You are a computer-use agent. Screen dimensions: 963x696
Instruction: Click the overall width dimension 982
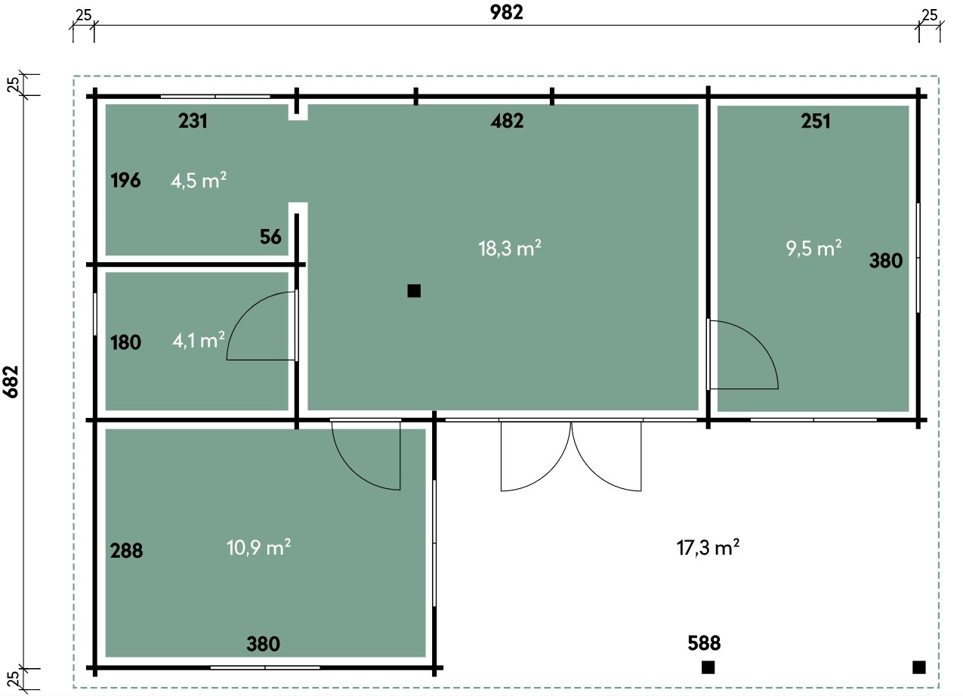point(507,13)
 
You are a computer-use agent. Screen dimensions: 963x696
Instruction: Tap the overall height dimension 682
point(11,382)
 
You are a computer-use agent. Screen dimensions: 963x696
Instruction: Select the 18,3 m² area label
point(510,248)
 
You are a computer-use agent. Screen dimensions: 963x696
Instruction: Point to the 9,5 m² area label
point(813,248)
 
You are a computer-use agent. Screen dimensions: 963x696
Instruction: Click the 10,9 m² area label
point(258,548)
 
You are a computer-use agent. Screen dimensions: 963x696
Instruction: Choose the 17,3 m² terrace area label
point(708,548)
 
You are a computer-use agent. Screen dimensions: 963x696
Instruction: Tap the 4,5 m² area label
point(199,181)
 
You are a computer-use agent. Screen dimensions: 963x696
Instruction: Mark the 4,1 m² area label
point(199,341)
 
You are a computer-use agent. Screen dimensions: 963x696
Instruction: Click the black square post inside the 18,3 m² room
point(414,291)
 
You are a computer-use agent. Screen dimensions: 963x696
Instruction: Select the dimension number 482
point(507,121)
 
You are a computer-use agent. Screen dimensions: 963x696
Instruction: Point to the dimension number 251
point(816,121)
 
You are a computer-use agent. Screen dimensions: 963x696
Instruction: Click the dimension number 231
point(193,121)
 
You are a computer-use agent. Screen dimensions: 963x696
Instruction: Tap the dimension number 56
point(270,237)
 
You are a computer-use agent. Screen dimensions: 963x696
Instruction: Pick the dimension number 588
point(704,643)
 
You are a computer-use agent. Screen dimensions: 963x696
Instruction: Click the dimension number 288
point(126,551)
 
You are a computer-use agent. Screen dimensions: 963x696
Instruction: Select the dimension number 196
point(125,181)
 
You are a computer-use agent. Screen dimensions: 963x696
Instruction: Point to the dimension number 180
point(125,342)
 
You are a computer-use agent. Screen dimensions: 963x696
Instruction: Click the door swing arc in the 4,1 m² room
point(246,312)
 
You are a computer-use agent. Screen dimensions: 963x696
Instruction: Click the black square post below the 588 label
point(708,667)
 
